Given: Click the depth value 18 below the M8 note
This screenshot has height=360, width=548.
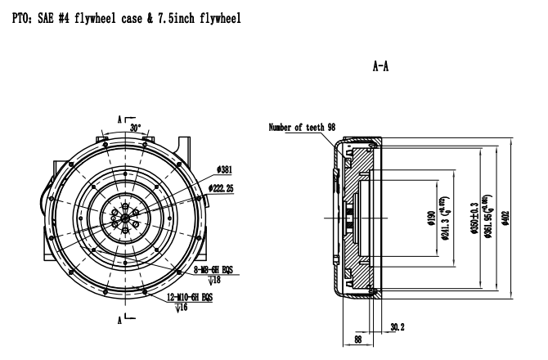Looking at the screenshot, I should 203,279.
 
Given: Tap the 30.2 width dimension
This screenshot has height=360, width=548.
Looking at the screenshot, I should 398,326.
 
